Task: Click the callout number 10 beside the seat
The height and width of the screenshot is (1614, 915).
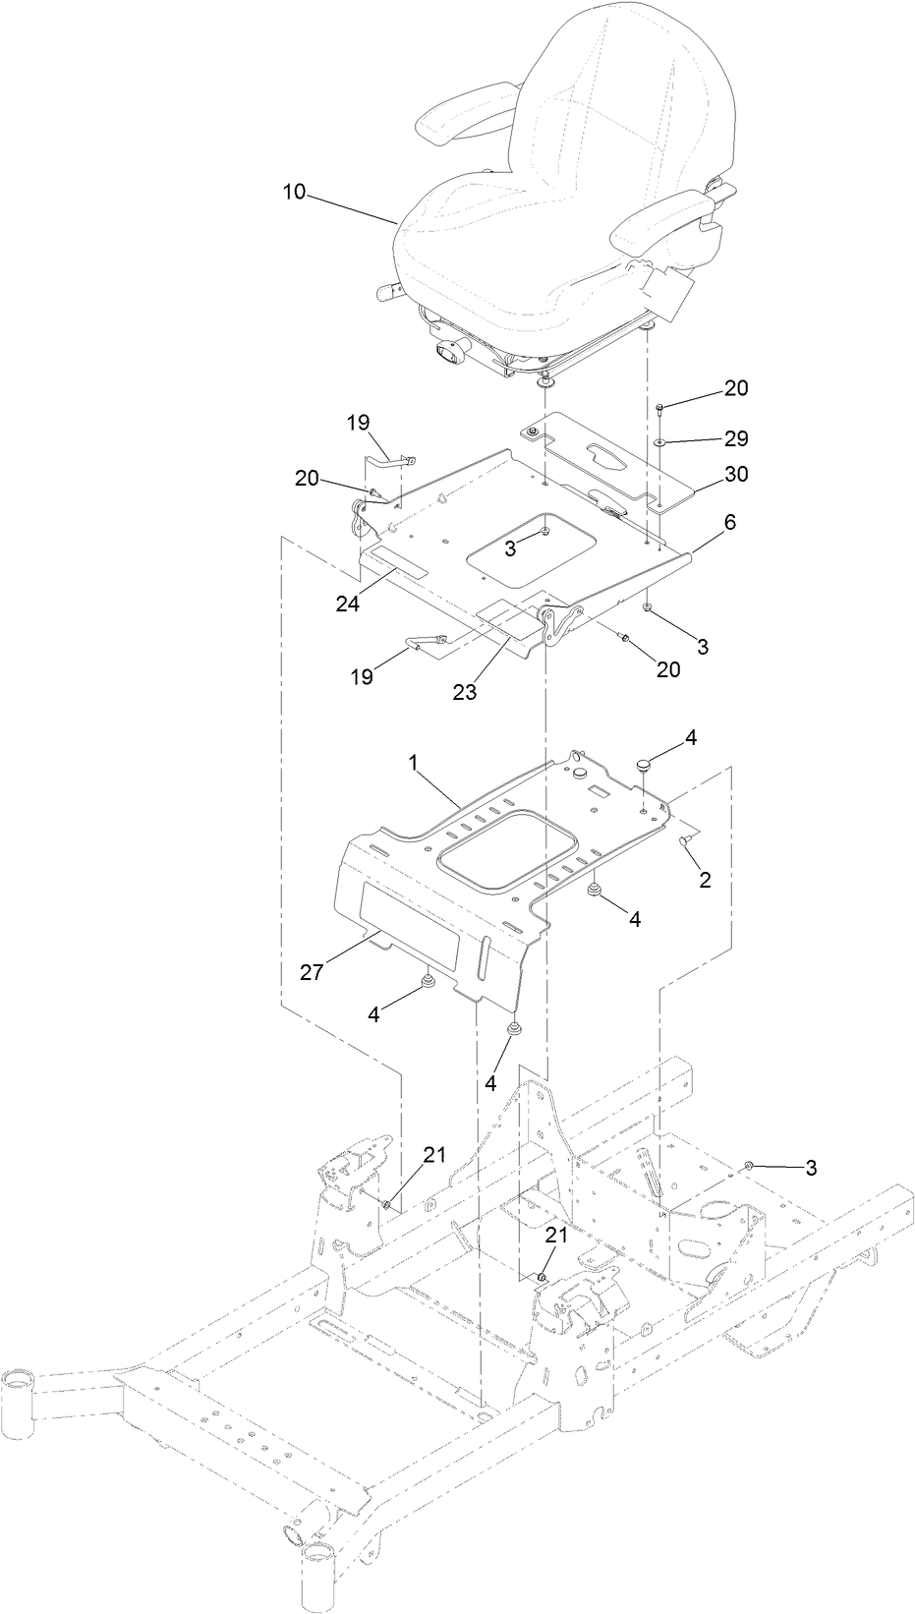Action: click(x=294, y=192)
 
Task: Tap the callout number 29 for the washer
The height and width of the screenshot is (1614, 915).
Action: click(x=735, y=437)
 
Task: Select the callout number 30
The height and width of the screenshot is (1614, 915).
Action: click(x=735, y=475)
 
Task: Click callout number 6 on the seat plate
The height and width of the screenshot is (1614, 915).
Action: click(x=729, y=524)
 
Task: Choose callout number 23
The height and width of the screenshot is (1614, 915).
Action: click(x=464, y=691)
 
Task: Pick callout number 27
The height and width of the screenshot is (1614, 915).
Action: click(x=313, y=973)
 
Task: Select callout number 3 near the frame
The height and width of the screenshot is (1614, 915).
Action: click(x=811, y=1168)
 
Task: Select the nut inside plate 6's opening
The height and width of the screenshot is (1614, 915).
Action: click(x=543, y=534)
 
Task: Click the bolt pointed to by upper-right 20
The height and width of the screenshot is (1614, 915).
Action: click(x=661, y=406)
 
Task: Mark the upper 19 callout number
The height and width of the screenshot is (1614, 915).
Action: click(x=357, y=423)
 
